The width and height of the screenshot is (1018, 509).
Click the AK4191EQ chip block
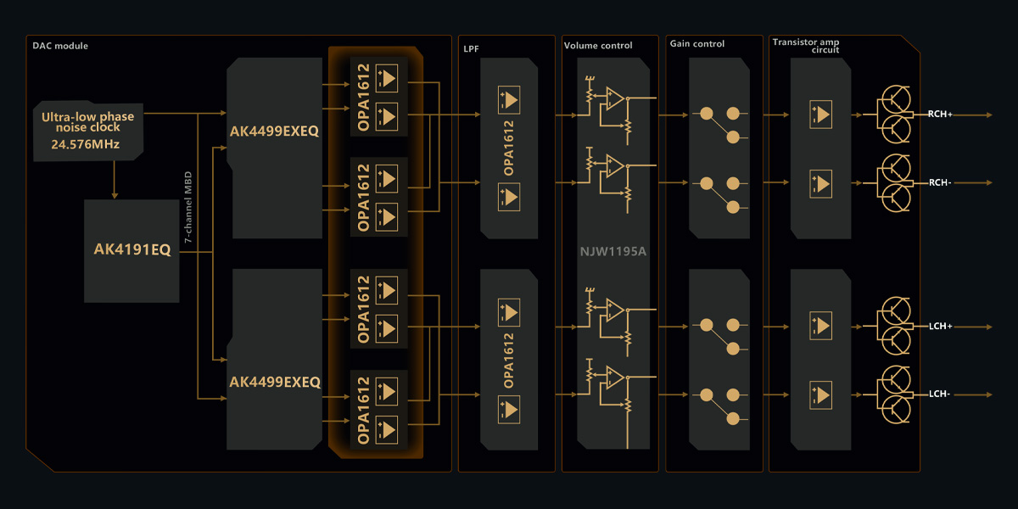click(x=131, y=250)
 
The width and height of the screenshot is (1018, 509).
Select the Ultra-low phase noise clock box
click(x=88, y=131)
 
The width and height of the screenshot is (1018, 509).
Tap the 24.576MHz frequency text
click(x=85, y=145)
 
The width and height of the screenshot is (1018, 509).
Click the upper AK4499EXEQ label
click(x=274, y=131)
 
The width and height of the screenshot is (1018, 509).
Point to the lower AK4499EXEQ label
click(x=274, y=383)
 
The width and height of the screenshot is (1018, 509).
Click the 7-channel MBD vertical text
click(x=188, y=207)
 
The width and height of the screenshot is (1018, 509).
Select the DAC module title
click(x=60, y=46)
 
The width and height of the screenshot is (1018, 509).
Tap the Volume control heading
click(x=598, y=45)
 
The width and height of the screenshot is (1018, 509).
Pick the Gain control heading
click(x=697, y=44)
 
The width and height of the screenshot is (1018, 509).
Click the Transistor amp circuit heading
click(x=806, y=46)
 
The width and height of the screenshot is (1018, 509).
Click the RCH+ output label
click(x=940, y=115)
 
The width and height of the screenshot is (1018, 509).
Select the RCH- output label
click(x=939, y=182)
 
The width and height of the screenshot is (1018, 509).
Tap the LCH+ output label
click(x=940, y=326)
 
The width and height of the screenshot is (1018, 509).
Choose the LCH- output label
click(x=939, y=394)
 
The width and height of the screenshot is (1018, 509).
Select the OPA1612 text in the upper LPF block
click(x=509, y=148)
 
